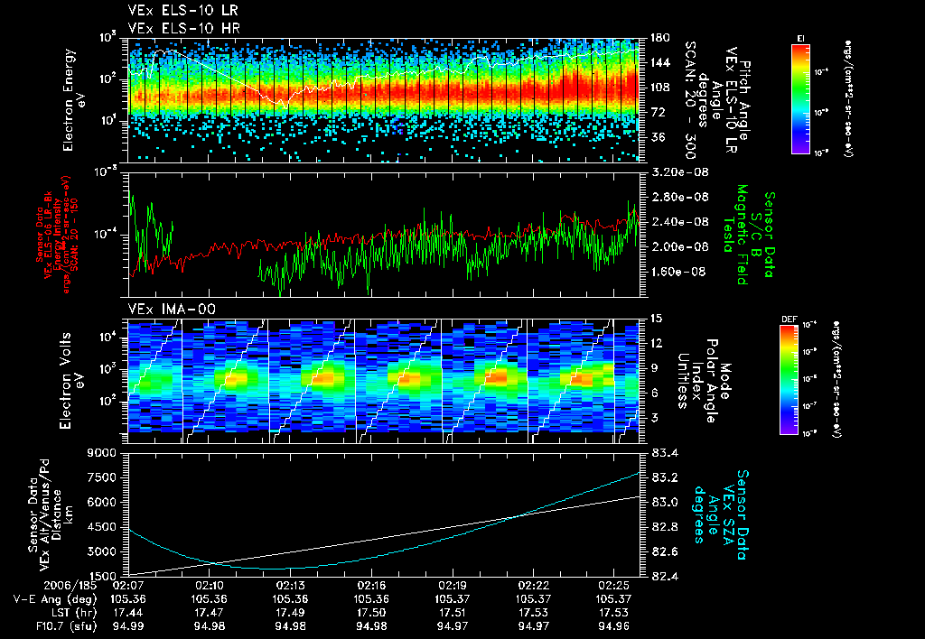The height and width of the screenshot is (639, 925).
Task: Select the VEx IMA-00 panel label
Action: [x=164, y=309]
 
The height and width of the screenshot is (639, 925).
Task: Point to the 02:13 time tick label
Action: [x=291, y=586]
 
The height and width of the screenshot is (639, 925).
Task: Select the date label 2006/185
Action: [x=33, y=586]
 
